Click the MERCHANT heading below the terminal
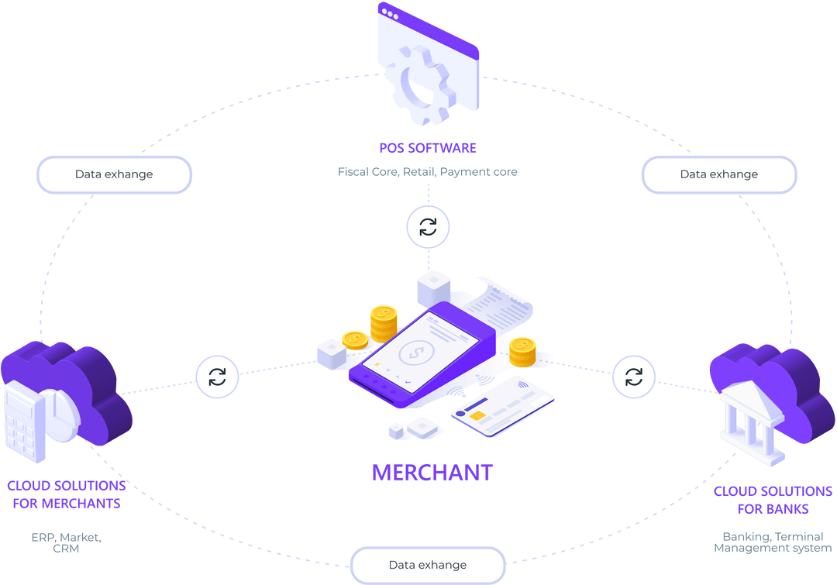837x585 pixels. (432, 472)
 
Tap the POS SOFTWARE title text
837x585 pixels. (427, 147)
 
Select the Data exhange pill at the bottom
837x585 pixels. (428, 565)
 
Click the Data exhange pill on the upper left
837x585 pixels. (114, 174)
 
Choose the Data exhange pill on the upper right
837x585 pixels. (719, 174)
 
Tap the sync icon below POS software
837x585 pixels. (428, 227)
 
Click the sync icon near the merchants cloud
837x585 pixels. (217, 377)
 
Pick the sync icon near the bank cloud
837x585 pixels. (634, 377)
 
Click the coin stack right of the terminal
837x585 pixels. (523, 353)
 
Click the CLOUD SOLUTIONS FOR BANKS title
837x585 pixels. (772, 501)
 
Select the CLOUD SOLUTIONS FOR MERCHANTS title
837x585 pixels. (66, 494)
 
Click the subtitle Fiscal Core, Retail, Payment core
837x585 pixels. (427, 172)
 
